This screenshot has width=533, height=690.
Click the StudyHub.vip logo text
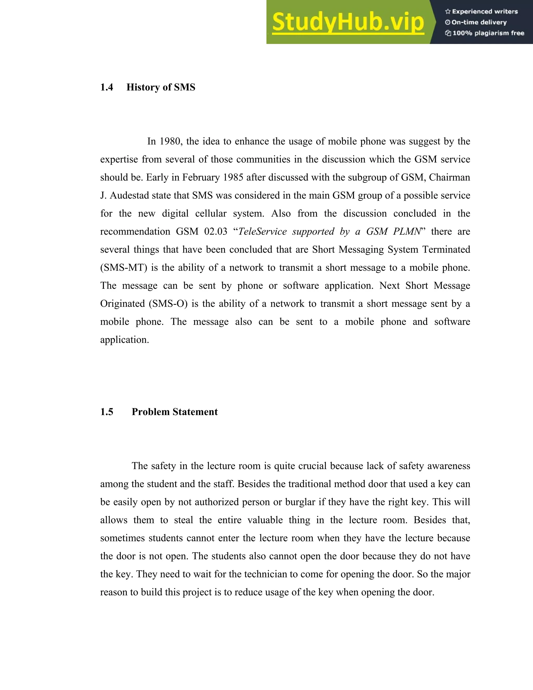click(x=348, y=22)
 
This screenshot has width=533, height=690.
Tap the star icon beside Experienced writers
click(x=447, y=12)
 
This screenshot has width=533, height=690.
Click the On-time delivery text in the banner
click(x=479, y=22)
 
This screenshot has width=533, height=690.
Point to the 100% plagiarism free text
click(x=488, y=33)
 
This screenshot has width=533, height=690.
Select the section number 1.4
click(x=107, y=87)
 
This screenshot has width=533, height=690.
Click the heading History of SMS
click(x=161, y=87)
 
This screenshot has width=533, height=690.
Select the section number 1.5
click(x=107, y=412)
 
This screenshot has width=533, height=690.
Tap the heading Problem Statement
click(x=175, y=412)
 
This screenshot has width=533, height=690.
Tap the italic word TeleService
click(x=262, y=231)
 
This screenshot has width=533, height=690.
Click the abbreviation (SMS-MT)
click(x=124, y=268)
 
